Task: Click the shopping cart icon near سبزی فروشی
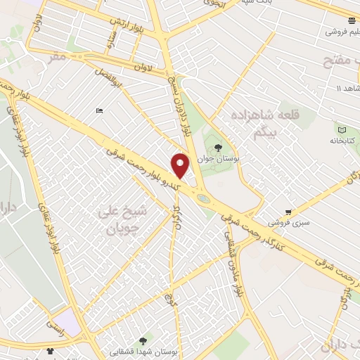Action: [288, 212]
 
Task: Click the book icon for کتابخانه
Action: [342, 130]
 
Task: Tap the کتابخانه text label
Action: [342, 141]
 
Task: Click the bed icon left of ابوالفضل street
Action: [100, 111]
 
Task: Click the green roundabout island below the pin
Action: [203, 199]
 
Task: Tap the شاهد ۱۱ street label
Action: [347, 88]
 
